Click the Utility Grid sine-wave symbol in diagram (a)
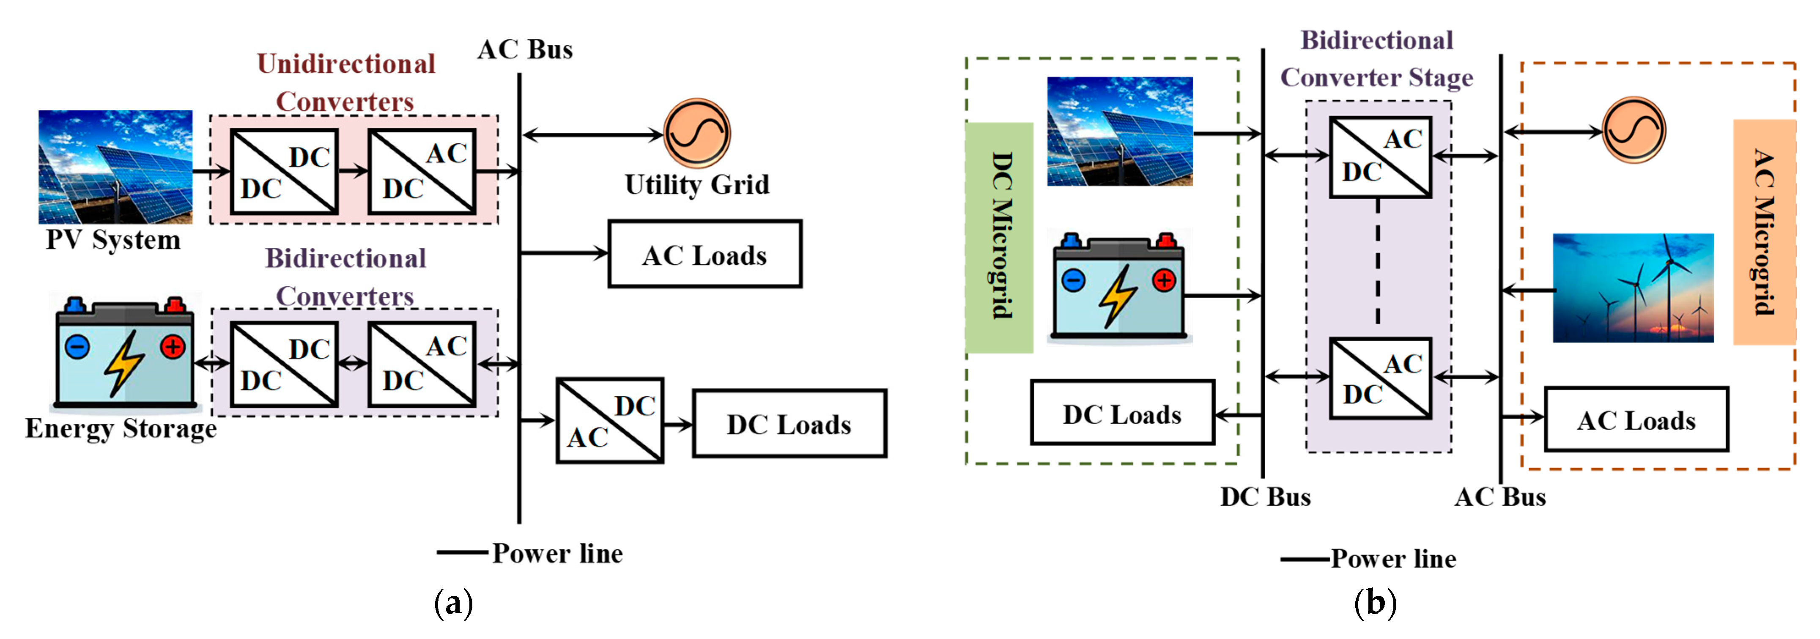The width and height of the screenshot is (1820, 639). pyautogui.click(x=696, y=133)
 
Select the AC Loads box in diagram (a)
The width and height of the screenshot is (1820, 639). pyautogui.click(x=704, y=255)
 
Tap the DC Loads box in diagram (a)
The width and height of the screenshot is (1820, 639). pyautogui.click(x=789, y=423)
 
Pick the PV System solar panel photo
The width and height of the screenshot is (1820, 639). pyautogui.click(x=115, y=166)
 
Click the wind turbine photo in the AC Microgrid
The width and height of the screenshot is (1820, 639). pyautogui.click(x=1633, y=288)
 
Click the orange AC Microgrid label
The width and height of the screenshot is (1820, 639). pyautogui.click(x=1764, y=232)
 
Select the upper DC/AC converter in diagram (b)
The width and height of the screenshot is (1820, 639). pyautogui.click(x=1380, y=157)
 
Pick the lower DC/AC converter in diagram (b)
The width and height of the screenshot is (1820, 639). pyautogui.click(x=1380, y=378)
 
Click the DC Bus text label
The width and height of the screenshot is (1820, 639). pyautogui.click(x=1265, y=497)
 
